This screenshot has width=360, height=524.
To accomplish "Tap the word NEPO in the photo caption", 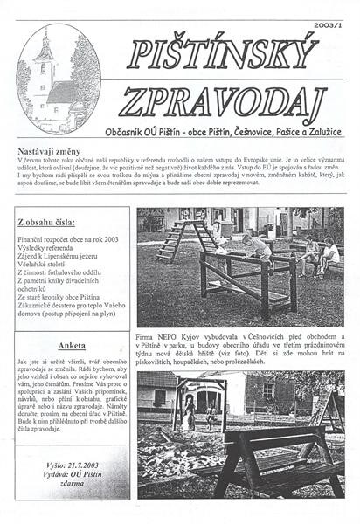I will [x=171, y=336].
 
